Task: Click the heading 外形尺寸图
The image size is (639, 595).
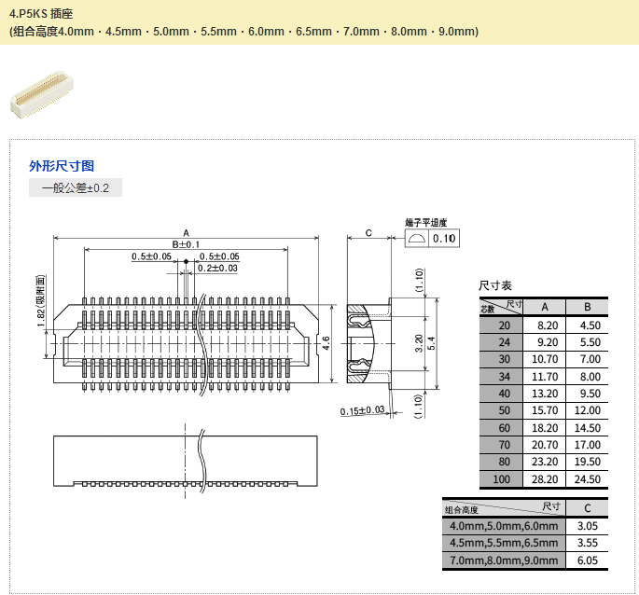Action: click(x=62, y=166)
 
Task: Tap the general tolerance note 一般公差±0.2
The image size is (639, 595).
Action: click(x=76, y=188)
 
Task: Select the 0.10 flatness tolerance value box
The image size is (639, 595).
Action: click(x=445, y=239)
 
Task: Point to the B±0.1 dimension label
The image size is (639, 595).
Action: click(x=186, y=244)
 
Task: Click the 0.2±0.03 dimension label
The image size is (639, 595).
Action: click(x=217, y=269)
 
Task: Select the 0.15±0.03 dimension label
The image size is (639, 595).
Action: click(x=363, y=410)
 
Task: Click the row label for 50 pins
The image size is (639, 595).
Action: click(x=504, y=410)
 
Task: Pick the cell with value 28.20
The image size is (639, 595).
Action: click(x=547, y=479)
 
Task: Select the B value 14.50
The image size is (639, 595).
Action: click(x=587, y=428)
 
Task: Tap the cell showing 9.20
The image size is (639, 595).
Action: click(x=547, y=341)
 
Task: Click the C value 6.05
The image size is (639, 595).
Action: click(x=587, y=560)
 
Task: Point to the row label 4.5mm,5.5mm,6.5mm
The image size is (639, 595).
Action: click(x=504, y=543)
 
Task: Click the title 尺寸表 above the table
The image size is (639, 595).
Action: click(x=495, y=285)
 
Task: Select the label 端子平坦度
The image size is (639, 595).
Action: click(x=425, y=223)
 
